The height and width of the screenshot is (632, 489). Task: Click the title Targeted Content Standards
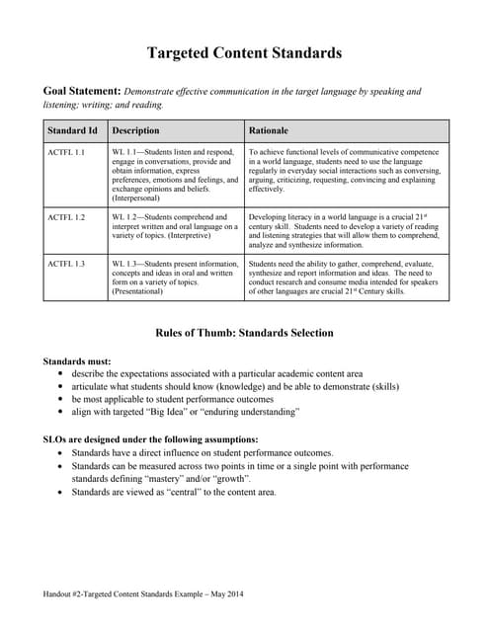(244, 52)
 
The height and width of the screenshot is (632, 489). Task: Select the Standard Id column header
(72, 130)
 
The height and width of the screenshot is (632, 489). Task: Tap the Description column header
(136, 130)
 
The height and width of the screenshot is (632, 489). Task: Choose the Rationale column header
(270, 130)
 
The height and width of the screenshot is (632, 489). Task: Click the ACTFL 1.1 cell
(66, 153)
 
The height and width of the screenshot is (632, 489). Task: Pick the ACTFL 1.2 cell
(66, 216)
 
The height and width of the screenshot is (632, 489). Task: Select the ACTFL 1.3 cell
(66, 264)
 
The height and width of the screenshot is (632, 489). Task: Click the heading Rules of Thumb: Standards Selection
(244, 333)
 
